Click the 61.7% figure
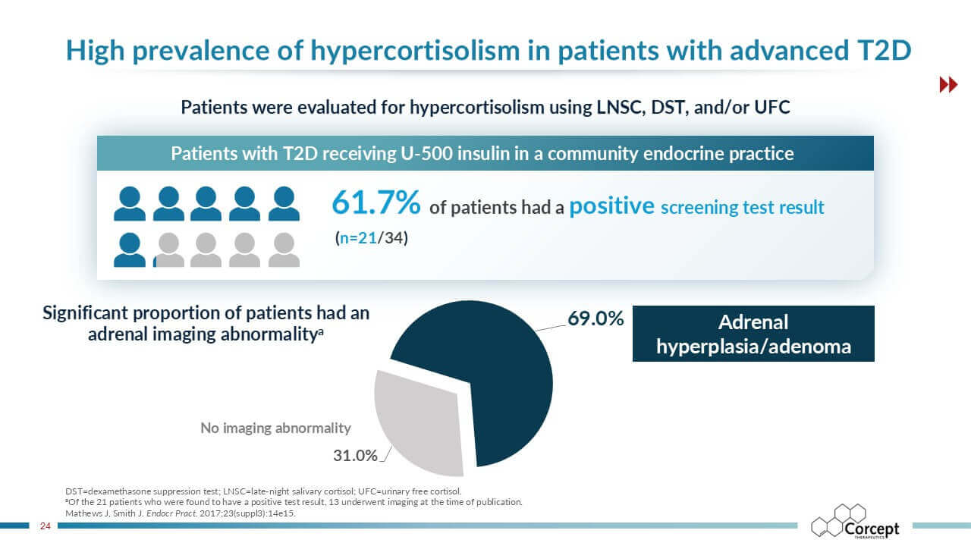pyautogui.click(x=376, y=203)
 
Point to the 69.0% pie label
pyautogui.click(x=595, y=319)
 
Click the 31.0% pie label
pyautogui.click(x=355, y=456)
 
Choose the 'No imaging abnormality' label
pyautogui.click(x=275, y=428)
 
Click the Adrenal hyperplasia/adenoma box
pyautogui.click(x=753, y=334)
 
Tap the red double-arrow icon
pyautogui.click(x=948, y=85)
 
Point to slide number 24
pyautogui.click(x=44, y=526)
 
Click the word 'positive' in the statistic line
pyautogui.click(x=611, y=206)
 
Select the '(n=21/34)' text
pyautogui.click(x=372, y=238)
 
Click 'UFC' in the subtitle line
pyautogui.click(x=772, y=107)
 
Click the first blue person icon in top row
pyautogui.click(x=130, y=203)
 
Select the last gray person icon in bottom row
pyautogui.click(x=284, y=249)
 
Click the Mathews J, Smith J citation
pyautogui.click(x=179, y=513)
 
